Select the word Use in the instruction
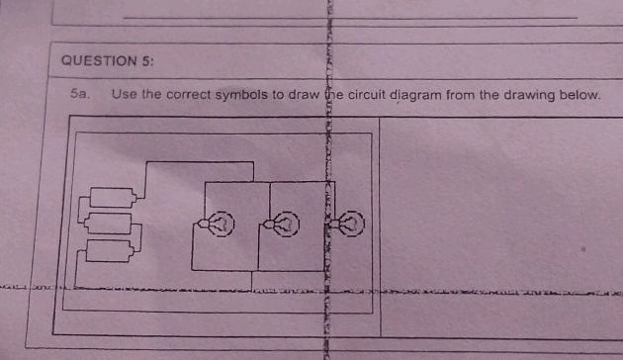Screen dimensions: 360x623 (x=125, y=95)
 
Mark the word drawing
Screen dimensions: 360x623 (x=537, y=95)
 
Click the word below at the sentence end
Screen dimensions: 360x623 (x=581, y=95)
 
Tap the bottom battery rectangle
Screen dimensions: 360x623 (x=110, y=249)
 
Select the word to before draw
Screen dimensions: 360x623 (x=283, y=95)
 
